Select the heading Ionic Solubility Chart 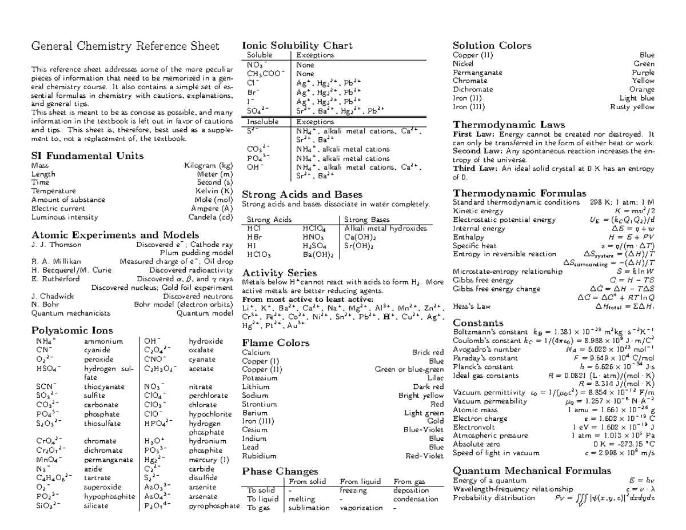tap(297, 45)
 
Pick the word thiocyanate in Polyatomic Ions tap(104, 386)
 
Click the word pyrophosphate tap(214, 506)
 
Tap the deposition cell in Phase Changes tap(410, 491)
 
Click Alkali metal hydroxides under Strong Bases tap(385, 228)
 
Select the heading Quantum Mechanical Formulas tap(532, 471)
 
